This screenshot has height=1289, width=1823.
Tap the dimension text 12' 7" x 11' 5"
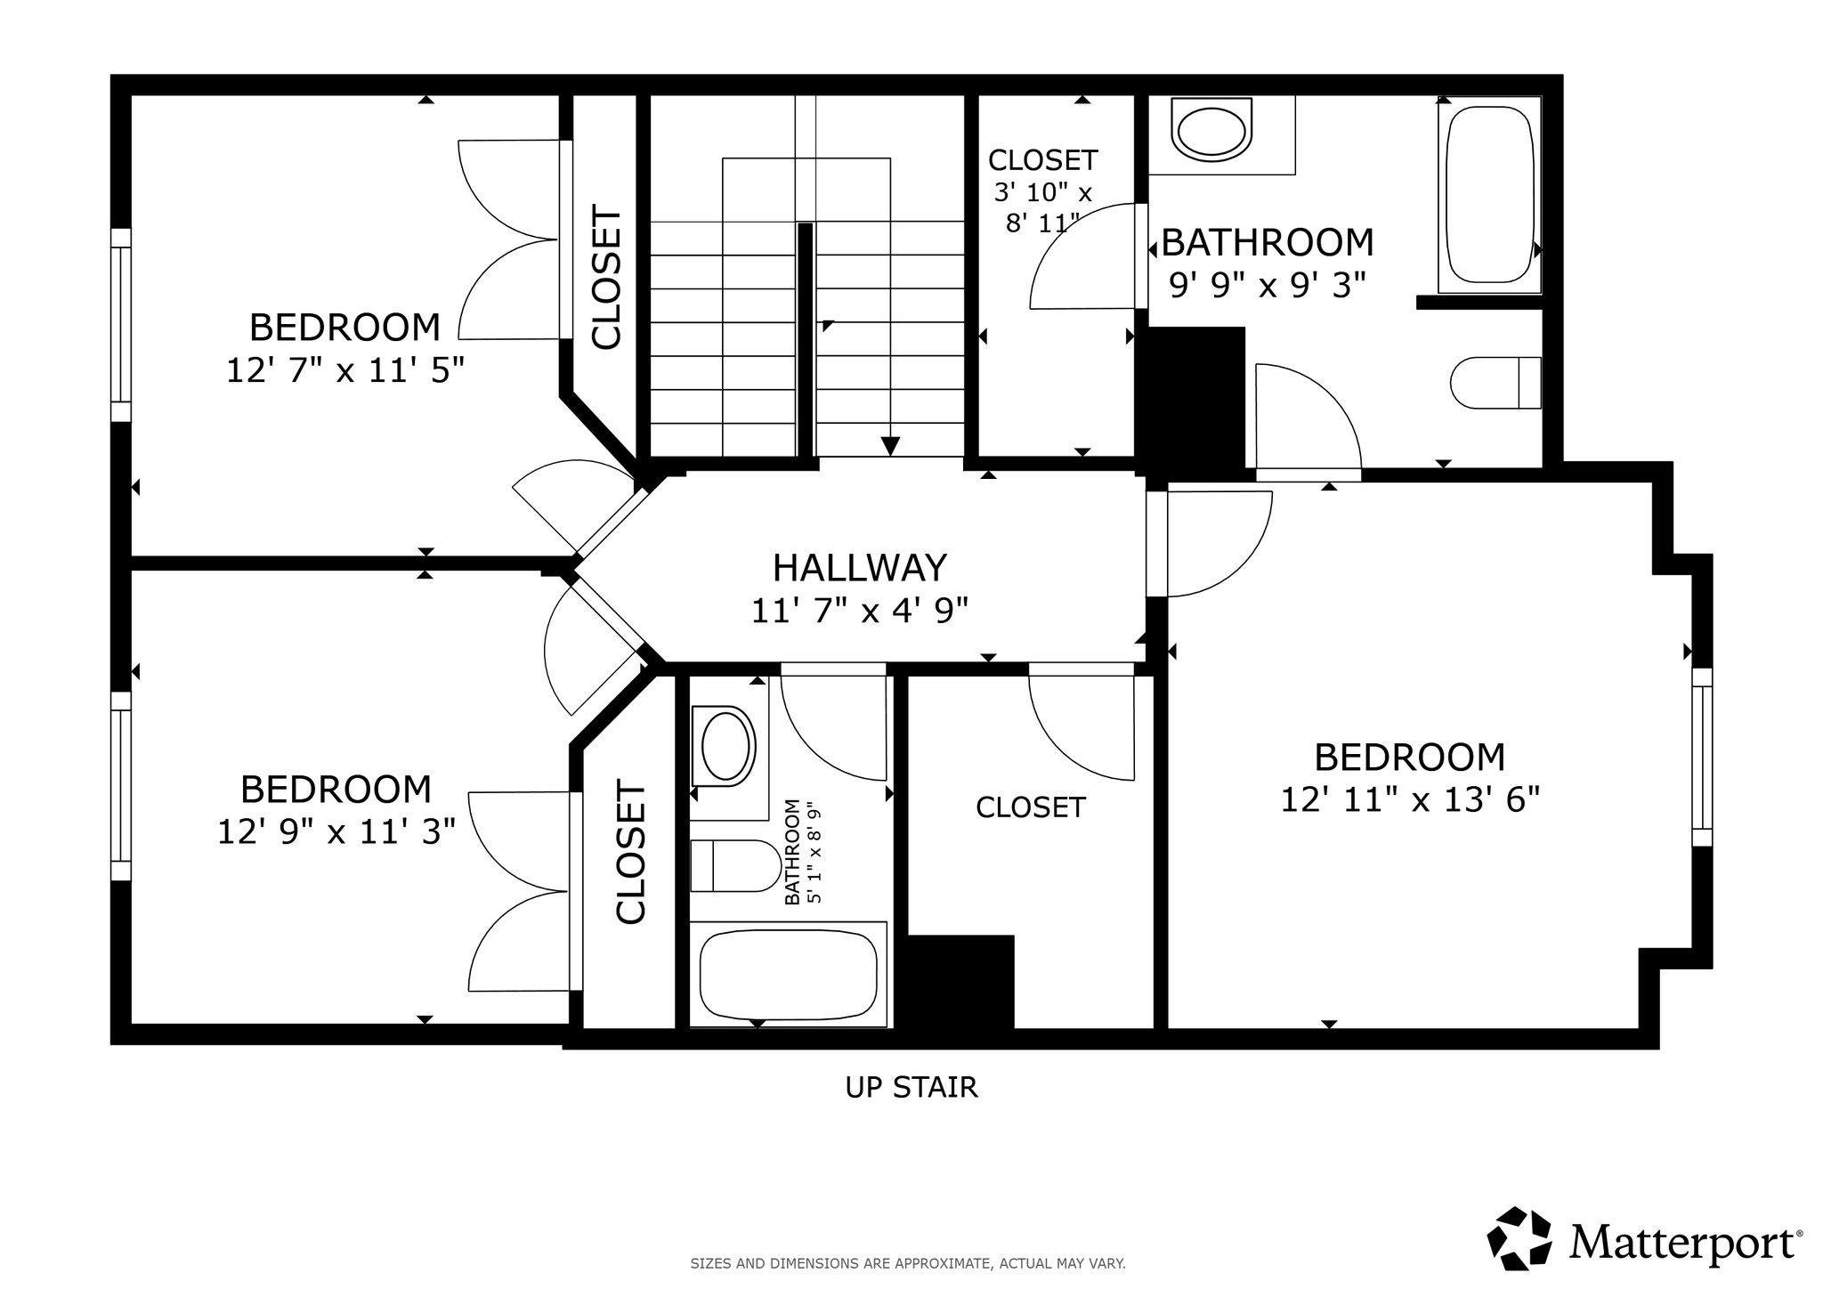(345, 370)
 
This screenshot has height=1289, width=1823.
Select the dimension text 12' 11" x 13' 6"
(1409, 799)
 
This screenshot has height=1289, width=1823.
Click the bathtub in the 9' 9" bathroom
(1489, 194)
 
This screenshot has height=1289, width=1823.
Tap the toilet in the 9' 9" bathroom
(1495, 383)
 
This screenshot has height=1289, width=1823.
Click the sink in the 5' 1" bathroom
(725, 746)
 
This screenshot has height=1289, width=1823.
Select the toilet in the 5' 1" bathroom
(735, 865)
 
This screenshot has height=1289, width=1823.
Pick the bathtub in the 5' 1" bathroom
(790, 974)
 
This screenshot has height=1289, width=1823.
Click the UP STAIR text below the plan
(911, 1087)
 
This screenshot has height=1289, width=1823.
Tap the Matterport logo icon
(1519, 1237)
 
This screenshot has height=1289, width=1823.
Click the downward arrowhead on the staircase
(889, 446)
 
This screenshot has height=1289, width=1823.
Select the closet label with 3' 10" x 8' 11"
(1042, 160)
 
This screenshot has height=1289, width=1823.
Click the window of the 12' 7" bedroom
(121, 325)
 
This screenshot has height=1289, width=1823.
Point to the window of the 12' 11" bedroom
(1701, 757)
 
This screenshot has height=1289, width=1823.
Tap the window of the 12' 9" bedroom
(121, 785)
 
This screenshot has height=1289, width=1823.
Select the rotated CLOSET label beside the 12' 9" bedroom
(630, 853)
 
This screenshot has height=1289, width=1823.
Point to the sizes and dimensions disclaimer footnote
(907, 1262)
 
